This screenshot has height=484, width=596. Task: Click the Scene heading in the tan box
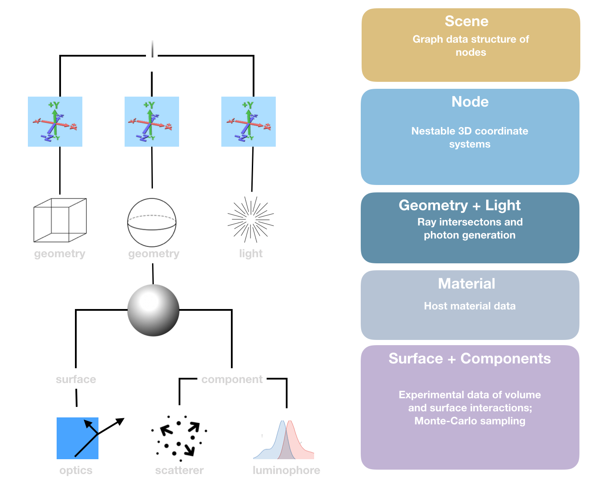coord(467,21)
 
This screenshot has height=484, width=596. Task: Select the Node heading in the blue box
coord(470,102)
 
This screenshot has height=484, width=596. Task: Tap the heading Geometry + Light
coord(460,205)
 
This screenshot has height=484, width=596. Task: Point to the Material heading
coord(467,284)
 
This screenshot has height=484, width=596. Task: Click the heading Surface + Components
coord(470,359)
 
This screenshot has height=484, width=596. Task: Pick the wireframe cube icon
coord(60,220)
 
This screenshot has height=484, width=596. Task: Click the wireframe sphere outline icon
coord(152,222)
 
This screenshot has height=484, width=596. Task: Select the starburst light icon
coord(251,219)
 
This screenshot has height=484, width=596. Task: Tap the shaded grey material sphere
coord(153,310)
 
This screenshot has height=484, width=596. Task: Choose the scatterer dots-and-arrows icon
coord(179,437)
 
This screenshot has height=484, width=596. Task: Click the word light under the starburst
coord(251,254)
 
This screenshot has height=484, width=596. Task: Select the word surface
coord(76,380)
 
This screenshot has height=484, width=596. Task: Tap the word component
coord(232,380)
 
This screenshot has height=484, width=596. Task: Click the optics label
coord(76,471)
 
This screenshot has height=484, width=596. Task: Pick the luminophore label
coord(286,471)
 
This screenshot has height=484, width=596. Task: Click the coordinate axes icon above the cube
coord(55,122)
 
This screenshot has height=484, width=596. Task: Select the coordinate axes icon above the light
coord(249,122)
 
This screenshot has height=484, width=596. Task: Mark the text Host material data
coord(470,306)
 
